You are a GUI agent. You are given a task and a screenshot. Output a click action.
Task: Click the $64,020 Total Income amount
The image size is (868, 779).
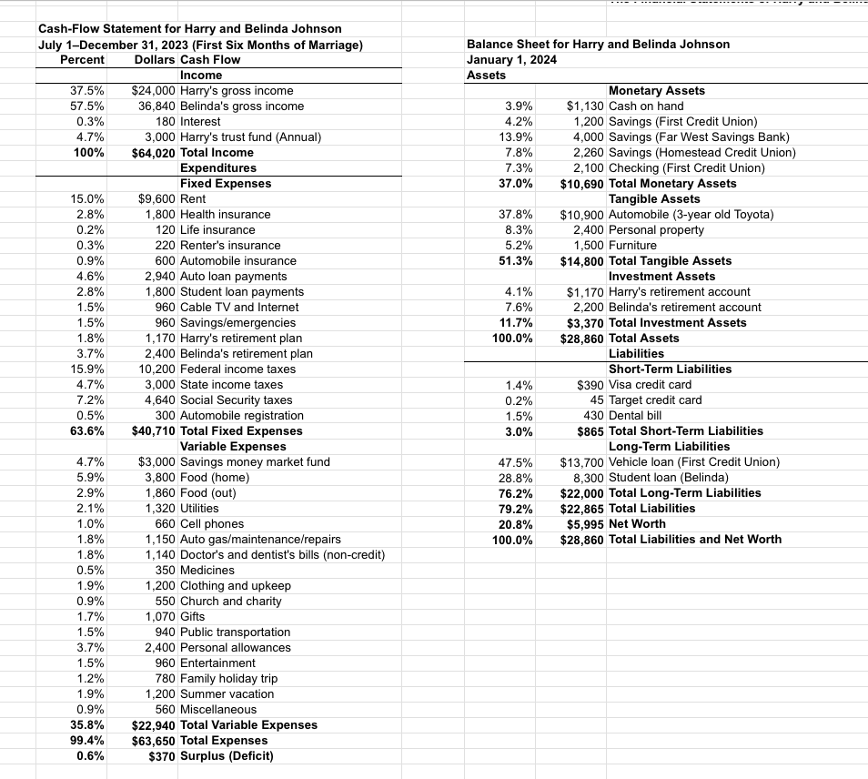pos(153,152)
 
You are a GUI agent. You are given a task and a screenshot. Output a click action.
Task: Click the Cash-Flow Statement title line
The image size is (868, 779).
pos(190,29)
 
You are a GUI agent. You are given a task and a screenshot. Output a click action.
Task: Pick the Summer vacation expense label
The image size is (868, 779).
pos(227,693)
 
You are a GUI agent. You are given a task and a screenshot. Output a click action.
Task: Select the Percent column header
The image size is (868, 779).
pos(82,59)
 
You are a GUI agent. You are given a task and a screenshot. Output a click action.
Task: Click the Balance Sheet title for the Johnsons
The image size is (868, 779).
pos(598,44)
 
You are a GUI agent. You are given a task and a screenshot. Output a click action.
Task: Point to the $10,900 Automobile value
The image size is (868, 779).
pos(581,214)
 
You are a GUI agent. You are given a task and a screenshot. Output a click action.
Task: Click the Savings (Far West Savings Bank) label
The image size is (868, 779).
pos(699,137)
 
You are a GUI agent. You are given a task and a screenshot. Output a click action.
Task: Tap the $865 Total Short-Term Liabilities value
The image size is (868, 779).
pos(590,430)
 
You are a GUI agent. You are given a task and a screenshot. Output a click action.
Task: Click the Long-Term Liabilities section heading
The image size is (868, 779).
pos(669,446)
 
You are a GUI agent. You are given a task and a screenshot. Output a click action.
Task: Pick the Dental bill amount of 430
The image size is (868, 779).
pos(593,415)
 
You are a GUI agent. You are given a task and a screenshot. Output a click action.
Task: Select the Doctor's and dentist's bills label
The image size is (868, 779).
pos(282,554)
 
